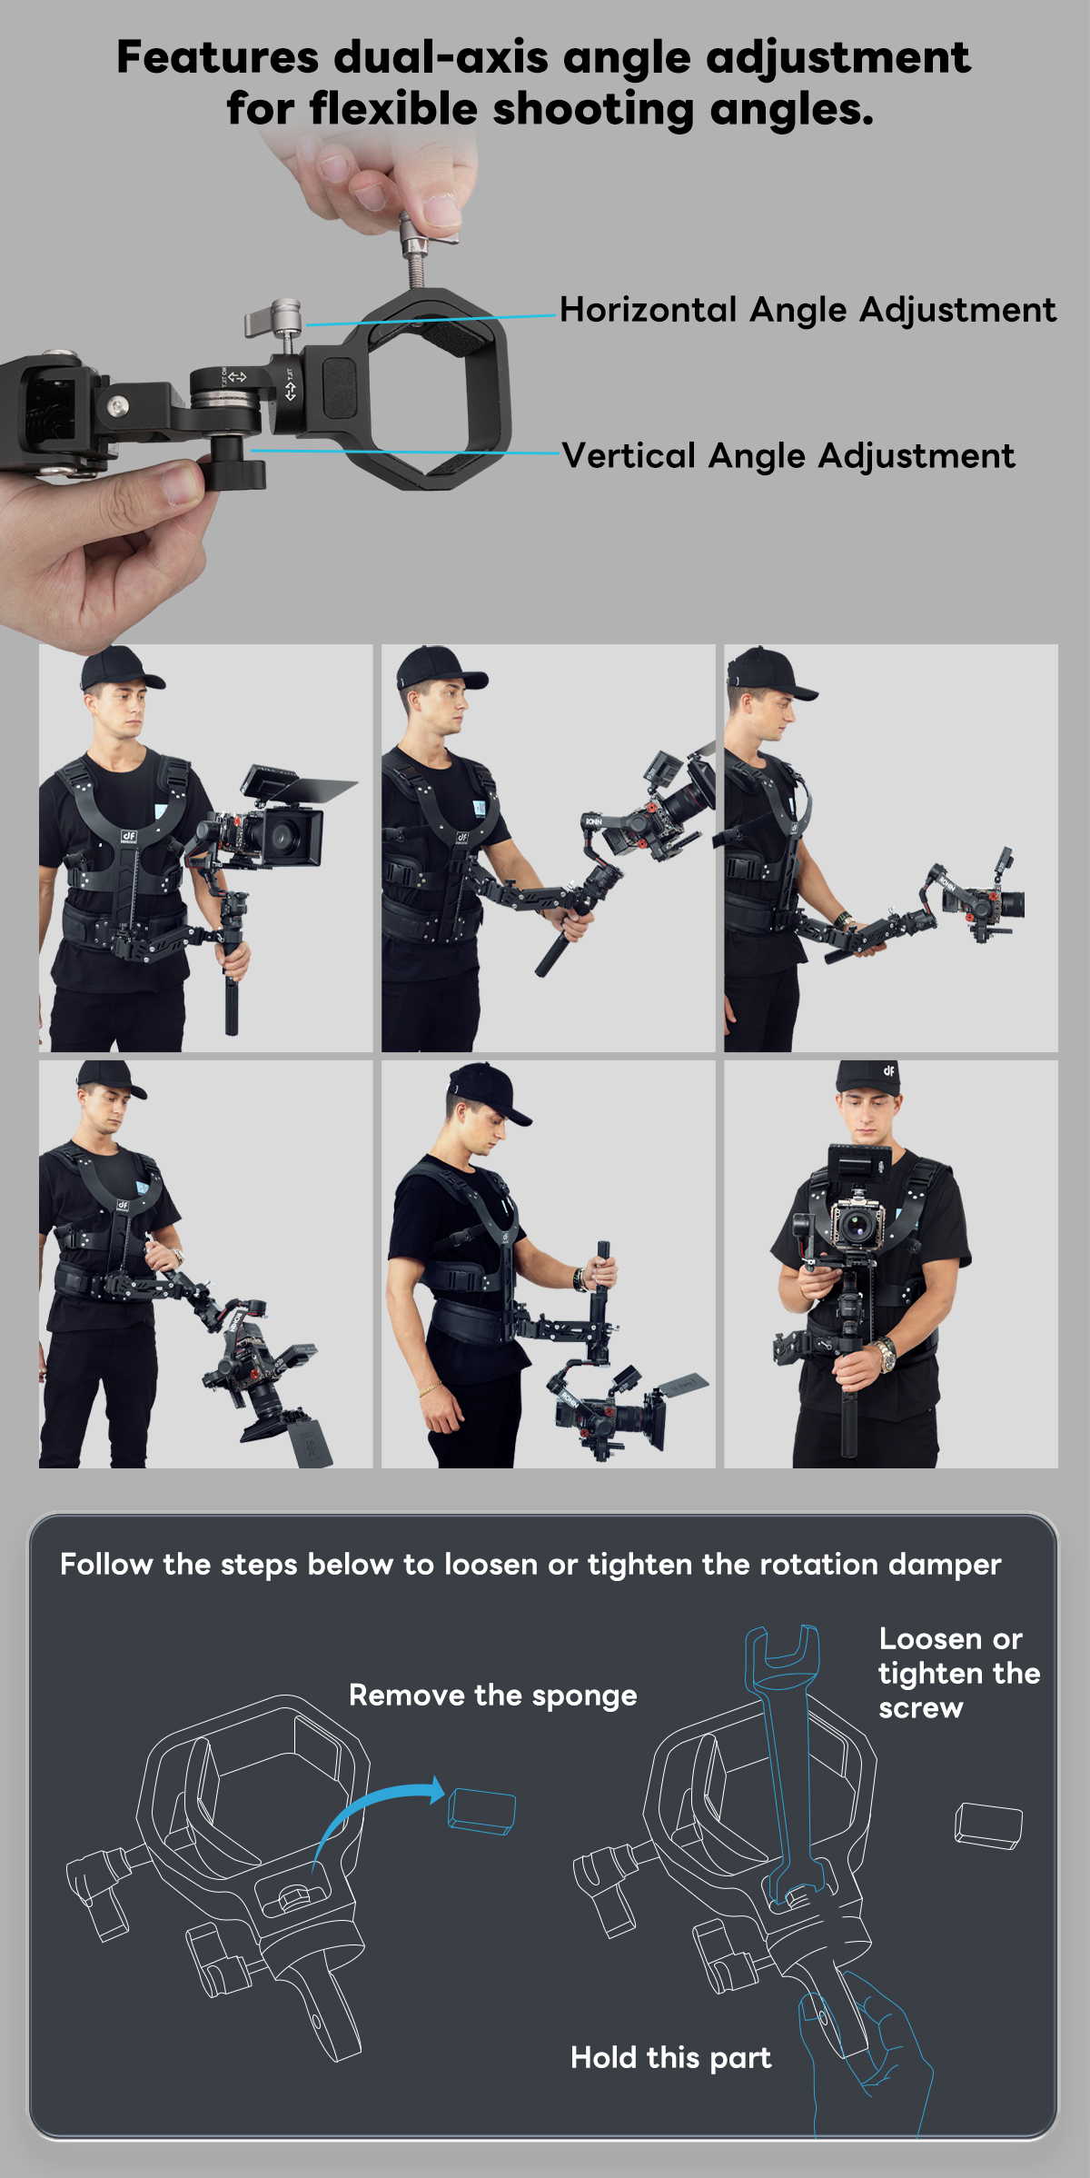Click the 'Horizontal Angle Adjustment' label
click(x=807, y=310)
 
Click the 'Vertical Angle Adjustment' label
click(x=788, y=456)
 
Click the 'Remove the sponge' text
click(x=492, y=1696)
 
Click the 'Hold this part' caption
click(x=670, y=2057)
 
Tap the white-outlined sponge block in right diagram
click(x=988, y=1825)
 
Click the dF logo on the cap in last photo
click(x=888, y=1070)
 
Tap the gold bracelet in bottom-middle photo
click(x=428, y=1388)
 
